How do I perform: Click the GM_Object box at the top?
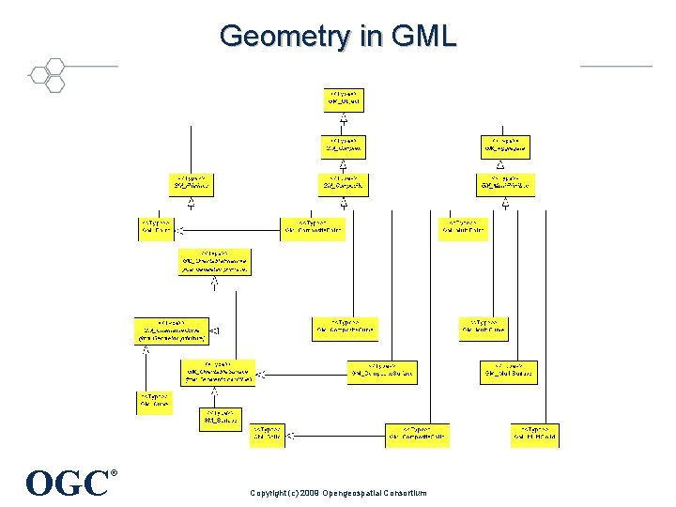point(345,100)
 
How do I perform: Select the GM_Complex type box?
point(345,146)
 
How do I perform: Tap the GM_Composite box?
point(345,184)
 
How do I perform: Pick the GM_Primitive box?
point(192,184)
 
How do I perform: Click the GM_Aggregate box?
point(506,146)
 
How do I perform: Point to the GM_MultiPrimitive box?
point(506,184)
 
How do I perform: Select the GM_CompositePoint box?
point(313,229)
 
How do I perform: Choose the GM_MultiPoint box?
point(463,229)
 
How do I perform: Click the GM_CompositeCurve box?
point(345,329)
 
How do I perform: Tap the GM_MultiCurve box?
point(484,329)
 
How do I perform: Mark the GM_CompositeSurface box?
point(382,372)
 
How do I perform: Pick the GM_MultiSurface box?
point(509,372)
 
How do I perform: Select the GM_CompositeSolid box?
point(417,435)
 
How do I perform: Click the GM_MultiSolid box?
point(536,435)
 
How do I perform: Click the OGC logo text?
point(68,483)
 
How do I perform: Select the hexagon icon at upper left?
point(47,74)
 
